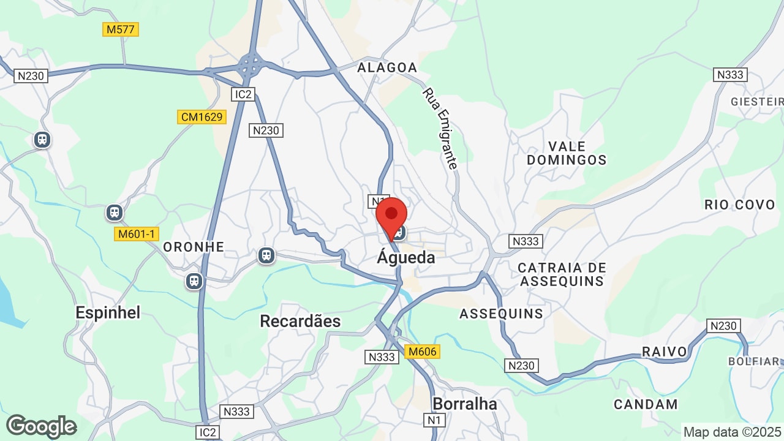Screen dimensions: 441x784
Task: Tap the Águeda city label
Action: click(x=405, y=258)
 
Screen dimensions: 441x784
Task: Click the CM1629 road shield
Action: click(x=202, y=116)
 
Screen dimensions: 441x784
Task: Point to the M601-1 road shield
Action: click(x=137, y=233)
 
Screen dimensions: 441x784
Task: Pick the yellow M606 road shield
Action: click(x=422, y=352)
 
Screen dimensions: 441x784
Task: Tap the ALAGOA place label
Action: click(x=387, y=67)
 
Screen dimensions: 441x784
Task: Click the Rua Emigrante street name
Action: click(x=440, y=129)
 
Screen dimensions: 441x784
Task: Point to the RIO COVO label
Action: click(x=740, y=205)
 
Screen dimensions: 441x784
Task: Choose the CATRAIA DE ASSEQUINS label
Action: click(x=562, y=274)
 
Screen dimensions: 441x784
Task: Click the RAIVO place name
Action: click(x=665, y=352)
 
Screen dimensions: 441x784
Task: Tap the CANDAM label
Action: click(x=646, y=404)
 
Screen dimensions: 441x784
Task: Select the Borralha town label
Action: click(x=464, y=404)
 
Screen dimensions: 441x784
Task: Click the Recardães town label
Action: click(x=300, y=321)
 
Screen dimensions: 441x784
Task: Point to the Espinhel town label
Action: click(x=108, y=312)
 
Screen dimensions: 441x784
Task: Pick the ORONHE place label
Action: click(x=194, y=247)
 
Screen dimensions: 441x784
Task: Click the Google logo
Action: click(x=41, y=426)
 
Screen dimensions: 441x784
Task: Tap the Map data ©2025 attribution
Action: click(x=733, y=432)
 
